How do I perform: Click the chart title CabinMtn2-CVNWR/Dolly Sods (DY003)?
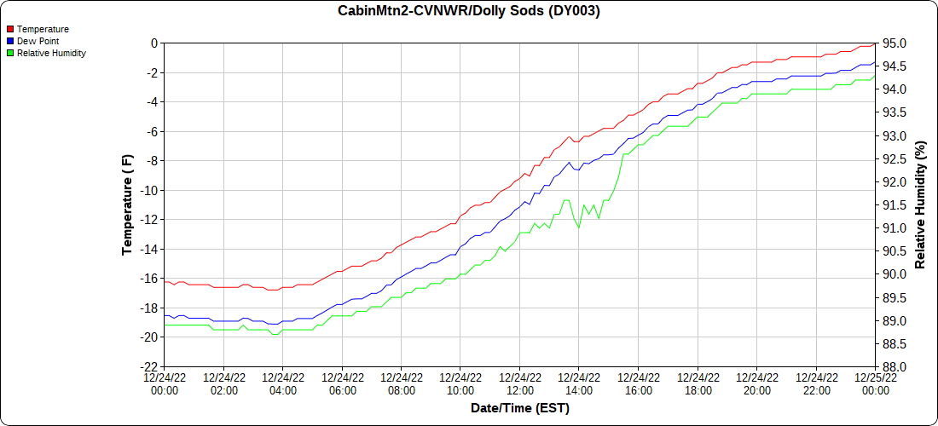pyautogui.click(x=468, y=11)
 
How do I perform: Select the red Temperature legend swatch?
pyautogui.click(x=10, y=29)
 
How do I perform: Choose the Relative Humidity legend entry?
pyautogui.click(x=51, y=53)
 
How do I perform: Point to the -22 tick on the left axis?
pyautogui.click(x=150, y=366)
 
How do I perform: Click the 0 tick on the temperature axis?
pyautogui.click(x=154, y=43)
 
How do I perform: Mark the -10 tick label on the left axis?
pyautogui.click(x=150, y=190)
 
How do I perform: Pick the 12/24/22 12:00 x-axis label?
pyautogui.click(x=519, y=384)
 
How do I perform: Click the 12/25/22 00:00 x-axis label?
pyautogui.click(x=875, y=384)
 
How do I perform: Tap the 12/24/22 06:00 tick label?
pyautogui.click(x=342, y=384)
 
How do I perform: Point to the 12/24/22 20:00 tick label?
pyautogui.click(x=756, y=384)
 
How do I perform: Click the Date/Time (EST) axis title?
pyautogui.click(x=519, y=408)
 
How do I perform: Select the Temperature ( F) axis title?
pyautogui.click(x=128, y=204)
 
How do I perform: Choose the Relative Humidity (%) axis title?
pyautogui.click(x=920, y=204)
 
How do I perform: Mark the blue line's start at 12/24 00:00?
pyautogui.click(x=165, y=315)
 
